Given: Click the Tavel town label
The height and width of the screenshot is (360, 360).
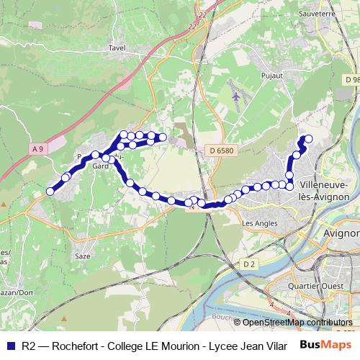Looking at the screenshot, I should (116, 48).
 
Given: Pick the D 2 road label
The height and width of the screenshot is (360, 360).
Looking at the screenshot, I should (249, 264).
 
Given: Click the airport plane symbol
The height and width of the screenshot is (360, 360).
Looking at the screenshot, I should (238, 95).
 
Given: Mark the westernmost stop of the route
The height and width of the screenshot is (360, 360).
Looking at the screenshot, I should (50, 192).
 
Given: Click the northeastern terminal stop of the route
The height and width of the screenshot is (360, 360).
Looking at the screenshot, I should (310, 139).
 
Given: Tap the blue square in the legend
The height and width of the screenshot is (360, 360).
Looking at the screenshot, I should (12, 345).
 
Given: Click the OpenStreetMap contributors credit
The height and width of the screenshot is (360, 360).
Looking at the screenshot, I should (297, 322).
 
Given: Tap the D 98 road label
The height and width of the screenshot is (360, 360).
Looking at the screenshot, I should (351, 78).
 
